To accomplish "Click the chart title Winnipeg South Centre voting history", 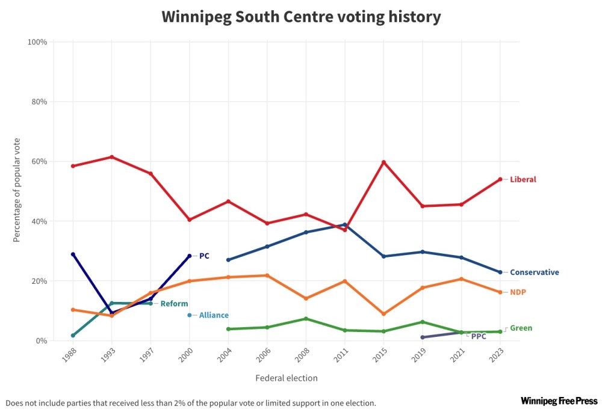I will click(301, 17).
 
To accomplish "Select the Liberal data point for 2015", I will click(383, 162).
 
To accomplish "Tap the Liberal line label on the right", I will click(523, 179).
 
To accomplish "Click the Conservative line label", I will click(535, 272).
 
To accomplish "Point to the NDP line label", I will click(518, 292).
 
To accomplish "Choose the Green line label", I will click(521, 328).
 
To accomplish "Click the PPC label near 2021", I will click(479, 336).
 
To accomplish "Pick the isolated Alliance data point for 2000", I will click(190, 315).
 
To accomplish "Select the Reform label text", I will click(174, 304).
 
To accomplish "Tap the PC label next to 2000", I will click(204, 256).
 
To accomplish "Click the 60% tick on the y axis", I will click(37, 161).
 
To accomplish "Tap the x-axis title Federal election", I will click(286, 378).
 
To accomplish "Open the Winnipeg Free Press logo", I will click(559, 401).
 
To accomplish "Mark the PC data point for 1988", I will click(73, 254).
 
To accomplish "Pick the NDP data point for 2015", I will click(383, 314).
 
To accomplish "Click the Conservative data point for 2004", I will click(228, 260).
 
